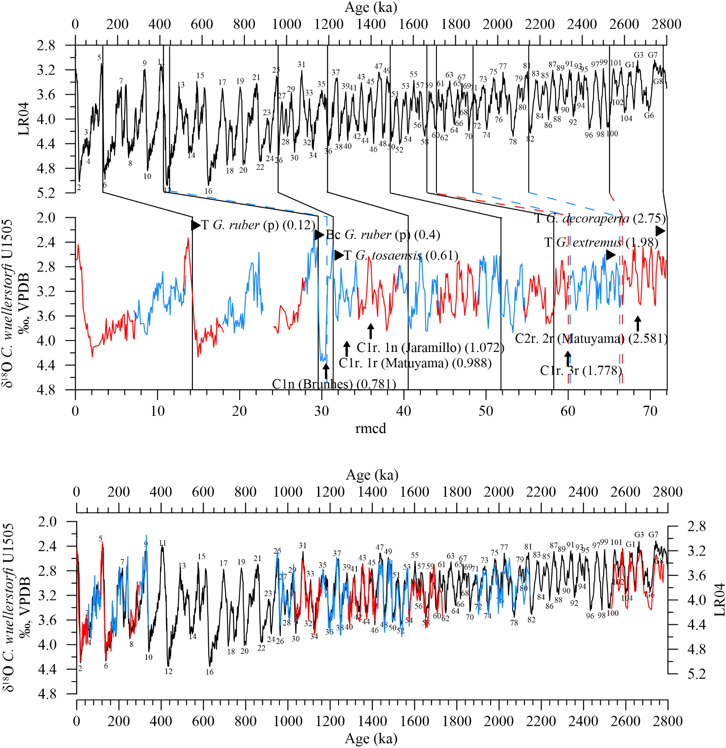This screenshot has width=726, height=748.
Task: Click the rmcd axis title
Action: (370, 428)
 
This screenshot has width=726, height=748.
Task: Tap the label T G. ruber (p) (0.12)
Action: (258, 225)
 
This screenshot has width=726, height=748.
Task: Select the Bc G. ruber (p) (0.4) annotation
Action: (383, 235)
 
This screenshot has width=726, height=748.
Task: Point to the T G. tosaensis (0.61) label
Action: (401, 255)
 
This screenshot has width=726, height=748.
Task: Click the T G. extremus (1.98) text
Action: (601, 242)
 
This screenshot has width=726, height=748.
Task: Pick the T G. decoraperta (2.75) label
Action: (600, 218)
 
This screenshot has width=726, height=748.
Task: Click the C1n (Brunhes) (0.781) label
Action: (334, 384)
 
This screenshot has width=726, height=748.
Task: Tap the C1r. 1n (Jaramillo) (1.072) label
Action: (430, 348)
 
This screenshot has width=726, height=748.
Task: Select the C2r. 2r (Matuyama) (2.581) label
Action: (591, 338)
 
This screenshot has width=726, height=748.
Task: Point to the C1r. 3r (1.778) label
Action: (581, 371)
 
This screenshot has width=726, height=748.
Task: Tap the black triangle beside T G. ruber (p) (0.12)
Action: (195, 225)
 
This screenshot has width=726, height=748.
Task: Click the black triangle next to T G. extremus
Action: (611, 255)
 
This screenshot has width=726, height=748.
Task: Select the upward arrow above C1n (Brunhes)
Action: (326, 370)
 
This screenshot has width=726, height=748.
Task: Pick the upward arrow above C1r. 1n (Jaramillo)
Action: (371, 331)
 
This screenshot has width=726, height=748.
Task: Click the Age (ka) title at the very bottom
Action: (371, 738)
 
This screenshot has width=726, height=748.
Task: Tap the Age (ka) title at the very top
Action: (371, 7)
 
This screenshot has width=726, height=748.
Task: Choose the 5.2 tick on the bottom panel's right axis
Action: (697, 674)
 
